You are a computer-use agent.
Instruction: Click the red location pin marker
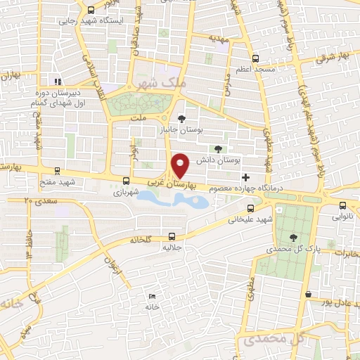tap(181, 165)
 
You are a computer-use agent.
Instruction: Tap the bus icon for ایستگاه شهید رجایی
tap(91, 9)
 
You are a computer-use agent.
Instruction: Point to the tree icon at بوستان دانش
tap(217, 149)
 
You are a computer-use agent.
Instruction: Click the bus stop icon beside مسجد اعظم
tap(255, 59)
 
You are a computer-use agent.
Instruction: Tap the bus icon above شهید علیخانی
tap(251, 208)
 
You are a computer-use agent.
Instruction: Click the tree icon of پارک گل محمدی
tap(292, 238)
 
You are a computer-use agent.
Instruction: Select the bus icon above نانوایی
tap(342, 206)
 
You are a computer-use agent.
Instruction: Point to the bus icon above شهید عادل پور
tap(308, 293)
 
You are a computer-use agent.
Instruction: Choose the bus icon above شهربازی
tap(126, 180)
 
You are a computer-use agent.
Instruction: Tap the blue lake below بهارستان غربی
tap(173, 200)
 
